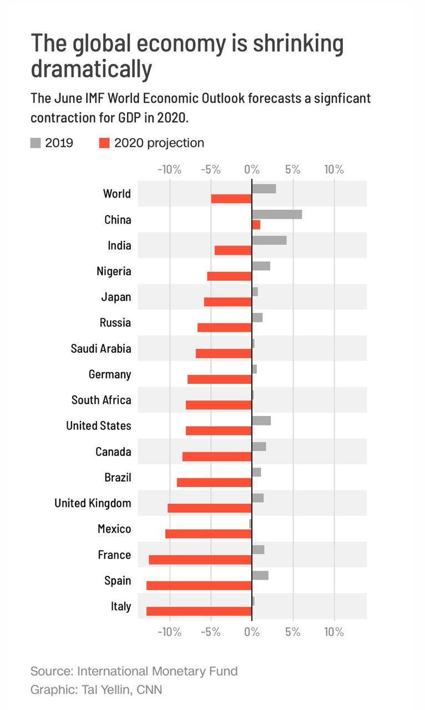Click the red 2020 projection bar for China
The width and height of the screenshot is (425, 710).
click(x=256, y=225)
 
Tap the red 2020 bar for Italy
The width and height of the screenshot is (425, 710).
click(x=199, y=611)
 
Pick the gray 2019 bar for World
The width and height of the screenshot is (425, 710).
click(x=264, y=189)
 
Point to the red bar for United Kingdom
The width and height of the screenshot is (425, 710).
click(x=210, y=508)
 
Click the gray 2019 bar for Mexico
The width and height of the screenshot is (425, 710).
click(x=251, y=524)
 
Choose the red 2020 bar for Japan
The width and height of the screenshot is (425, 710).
click(x=228, y=302)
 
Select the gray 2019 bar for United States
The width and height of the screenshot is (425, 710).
click(x=261, y=420)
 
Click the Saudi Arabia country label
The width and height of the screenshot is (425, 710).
click(x=101, y=349)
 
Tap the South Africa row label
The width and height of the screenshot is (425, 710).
click(x=102, y=400)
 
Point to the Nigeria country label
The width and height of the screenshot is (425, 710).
click(x=114, y=271)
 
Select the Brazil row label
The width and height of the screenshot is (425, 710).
click(x=118, y=478)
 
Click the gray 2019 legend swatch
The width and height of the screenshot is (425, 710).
click(x=36, y=143)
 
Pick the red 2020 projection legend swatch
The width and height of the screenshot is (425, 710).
click(x=104, y=143)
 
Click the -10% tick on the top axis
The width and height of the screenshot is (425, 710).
click(x=169, y=170)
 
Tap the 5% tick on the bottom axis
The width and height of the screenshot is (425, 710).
click(x=293, y=632)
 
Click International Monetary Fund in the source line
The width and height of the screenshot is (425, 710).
click(x=157, y=671)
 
